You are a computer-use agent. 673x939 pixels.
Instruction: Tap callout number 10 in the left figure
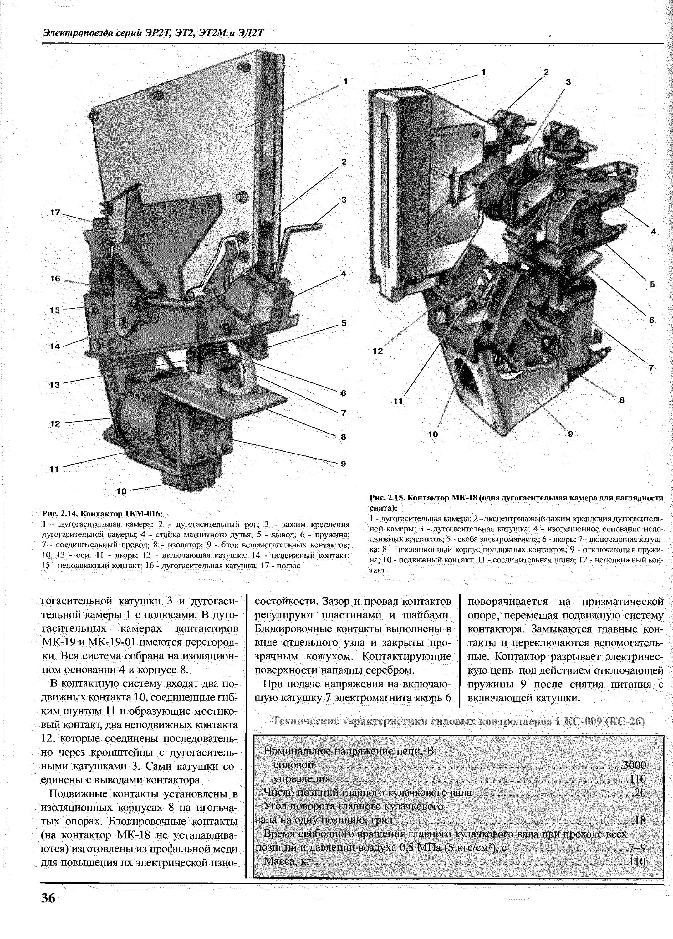point(121,491)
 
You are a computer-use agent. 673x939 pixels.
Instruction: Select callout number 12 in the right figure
point(377,351)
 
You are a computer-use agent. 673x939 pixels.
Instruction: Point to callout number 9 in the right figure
point(570,434)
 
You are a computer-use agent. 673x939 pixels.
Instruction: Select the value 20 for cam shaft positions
point(640,793)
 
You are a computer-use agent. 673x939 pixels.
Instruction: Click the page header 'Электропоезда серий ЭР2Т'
point(153,33)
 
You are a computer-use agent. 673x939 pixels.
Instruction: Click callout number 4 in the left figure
point(343,274)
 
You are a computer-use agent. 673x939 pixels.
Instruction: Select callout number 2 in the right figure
point(546,72)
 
